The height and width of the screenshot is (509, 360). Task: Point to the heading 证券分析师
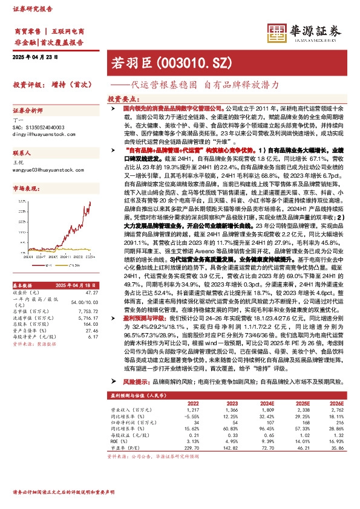27,111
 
